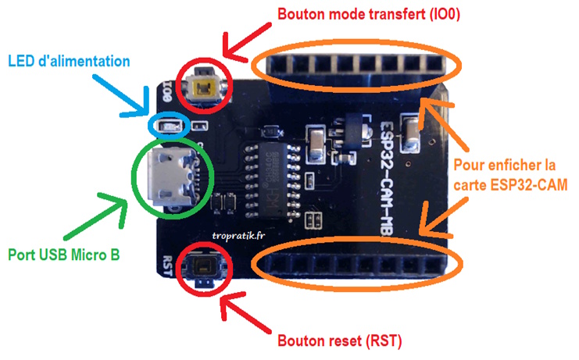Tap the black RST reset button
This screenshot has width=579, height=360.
point(204,269)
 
